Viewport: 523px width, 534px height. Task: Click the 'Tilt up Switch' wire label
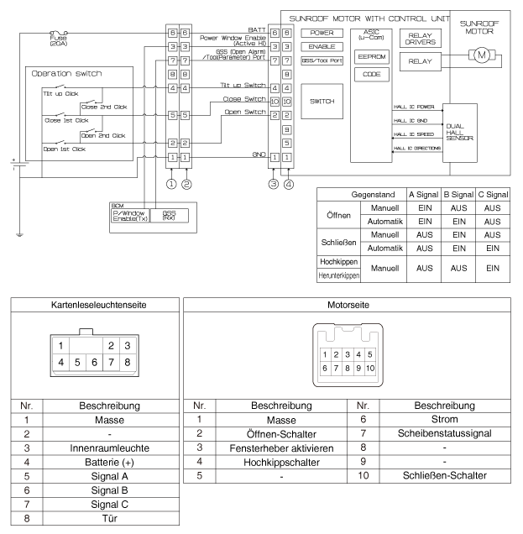point(243,86)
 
